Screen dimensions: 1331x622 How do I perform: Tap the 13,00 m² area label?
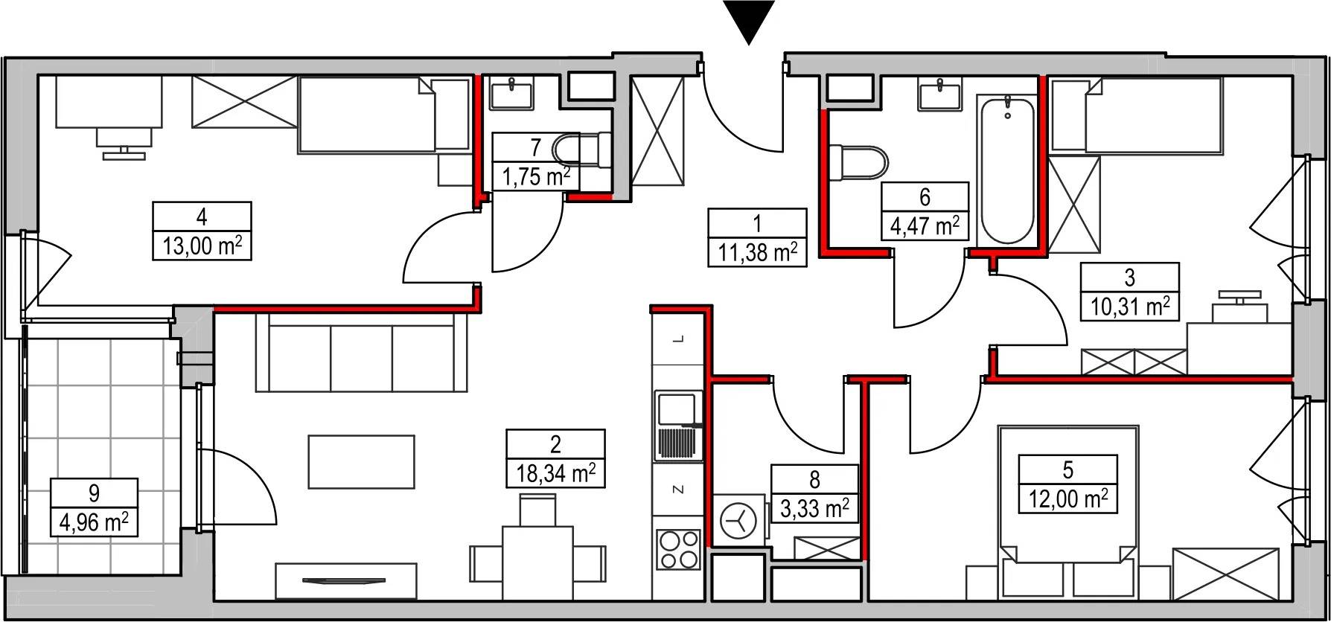202,246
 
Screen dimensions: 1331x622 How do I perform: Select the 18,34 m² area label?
556,473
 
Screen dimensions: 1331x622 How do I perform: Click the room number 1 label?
757,222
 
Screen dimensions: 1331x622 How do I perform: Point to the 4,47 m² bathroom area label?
925,225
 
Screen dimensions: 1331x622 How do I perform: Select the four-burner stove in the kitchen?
679,551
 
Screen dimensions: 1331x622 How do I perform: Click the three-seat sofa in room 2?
362,352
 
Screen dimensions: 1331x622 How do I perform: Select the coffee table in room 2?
362,461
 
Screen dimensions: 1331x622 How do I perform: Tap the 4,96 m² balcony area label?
94,522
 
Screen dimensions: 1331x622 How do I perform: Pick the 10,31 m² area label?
1130,306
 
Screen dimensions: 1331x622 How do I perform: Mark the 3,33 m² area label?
815,510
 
